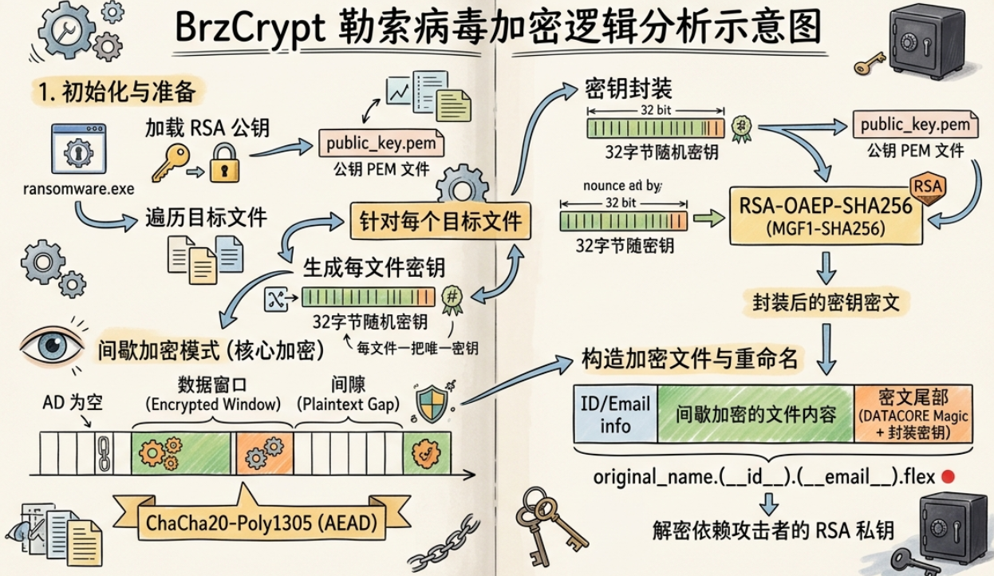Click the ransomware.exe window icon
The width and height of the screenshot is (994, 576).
[79, 148]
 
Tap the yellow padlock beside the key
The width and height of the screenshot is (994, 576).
[224, 163]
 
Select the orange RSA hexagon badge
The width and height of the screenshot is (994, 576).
[928, 187]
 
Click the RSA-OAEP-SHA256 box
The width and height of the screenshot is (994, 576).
[826, 216]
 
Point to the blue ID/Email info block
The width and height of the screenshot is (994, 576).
[616, 414]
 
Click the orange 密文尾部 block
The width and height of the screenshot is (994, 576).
[913, 414]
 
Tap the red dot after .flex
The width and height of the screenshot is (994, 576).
[948, 476]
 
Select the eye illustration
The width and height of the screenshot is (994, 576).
[52, 345]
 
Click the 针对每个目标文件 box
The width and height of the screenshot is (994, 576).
[440, 221]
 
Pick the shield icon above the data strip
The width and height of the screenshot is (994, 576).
[432, 404]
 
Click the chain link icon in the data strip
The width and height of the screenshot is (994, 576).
[104, 453]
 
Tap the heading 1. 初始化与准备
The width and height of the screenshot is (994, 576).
[117, 92]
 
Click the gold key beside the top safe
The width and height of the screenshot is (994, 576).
[870, 63]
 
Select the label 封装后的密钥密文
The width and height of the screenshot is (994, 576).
[826, 302]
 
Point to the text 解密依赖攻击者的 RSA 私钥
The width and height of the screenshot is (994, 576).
[773, 531]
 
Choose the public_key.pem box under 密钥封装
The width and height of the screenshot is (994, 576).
[915, 124]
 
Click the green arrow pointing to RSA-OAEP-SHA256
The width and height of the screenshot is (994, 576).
[708, 219]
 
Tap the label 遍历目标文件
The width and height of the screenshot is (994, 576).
[206, 218]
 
